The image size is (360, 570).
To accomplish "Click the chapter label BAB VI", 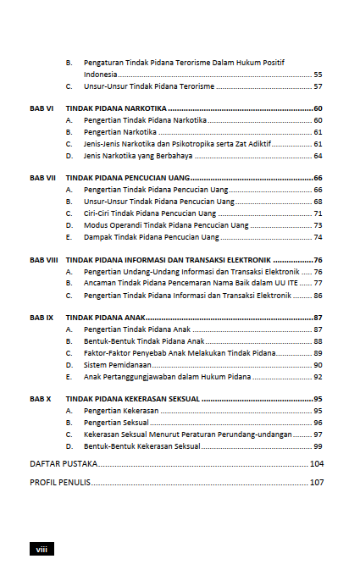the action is tap(42, 109).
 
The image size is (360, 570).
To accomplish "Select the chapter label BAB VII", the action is tap(42, 179).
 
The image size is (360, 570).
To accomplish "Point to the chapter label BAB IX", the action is tap(42, 317).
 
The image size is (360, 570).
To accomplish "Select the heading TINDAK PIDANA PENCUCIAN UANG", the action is tap(127, 179).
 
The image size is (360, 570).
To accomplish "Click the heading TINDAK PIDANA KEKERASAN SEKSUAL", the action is tap(133, 398).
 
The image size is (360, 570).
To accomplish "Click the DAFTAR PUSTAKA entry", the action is tap(64, 463).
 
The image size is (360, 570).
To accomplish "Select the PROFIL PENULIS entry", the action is tap(60, 482).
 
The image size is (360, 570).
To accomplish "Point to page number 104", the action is tap(317, 463).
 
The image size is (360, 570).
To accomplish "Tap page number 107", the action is tap(317, 482).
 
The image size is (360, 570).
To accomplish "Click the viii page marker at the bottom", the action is tap(42, 549).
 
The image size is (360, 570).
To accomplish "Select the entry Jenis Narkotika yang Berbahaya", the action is tap(138, 156).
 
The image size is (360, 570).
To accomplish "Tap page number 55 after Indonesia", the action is tap(318, 75).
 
